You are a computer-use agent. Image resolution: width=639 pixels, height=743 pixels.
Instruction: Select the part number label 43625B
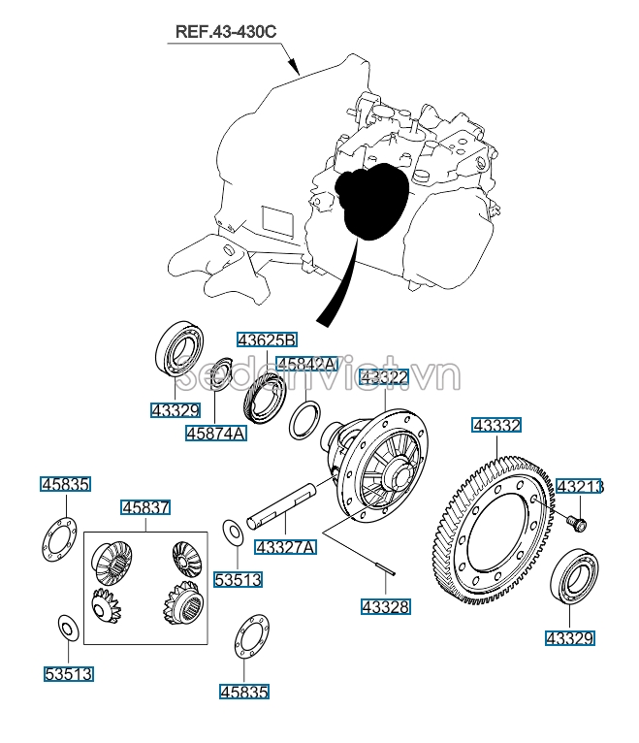(268, 339)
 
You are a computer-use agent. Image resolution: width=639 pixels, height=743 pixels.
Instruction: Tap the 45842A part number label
(306, 364)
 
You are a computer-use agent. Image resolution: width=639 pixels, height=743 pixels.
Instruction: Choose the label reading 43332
(496, 425)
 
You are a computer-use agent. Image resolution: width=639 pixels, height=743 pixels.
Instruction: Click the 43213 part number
(578, 486)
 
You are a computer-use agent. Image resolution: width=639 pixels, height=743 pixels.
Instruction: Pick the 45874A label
(215, 434)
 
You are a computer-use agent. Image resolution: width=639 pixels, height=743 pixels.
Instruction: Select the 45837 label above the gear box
(145, 507)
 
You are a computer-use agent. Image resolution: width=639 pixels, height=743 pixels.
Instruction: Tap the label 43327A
(285, 547)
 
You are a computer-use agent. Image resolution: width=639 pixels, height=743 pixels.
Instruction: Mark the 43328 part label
(385, 607)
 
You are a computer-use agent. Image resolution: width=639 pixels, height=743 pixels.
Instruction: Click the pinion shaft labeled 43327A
(285, 503)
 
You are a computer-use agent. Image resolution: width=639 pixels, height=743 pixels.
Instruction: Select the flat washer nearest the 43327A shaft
(233, 532)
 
